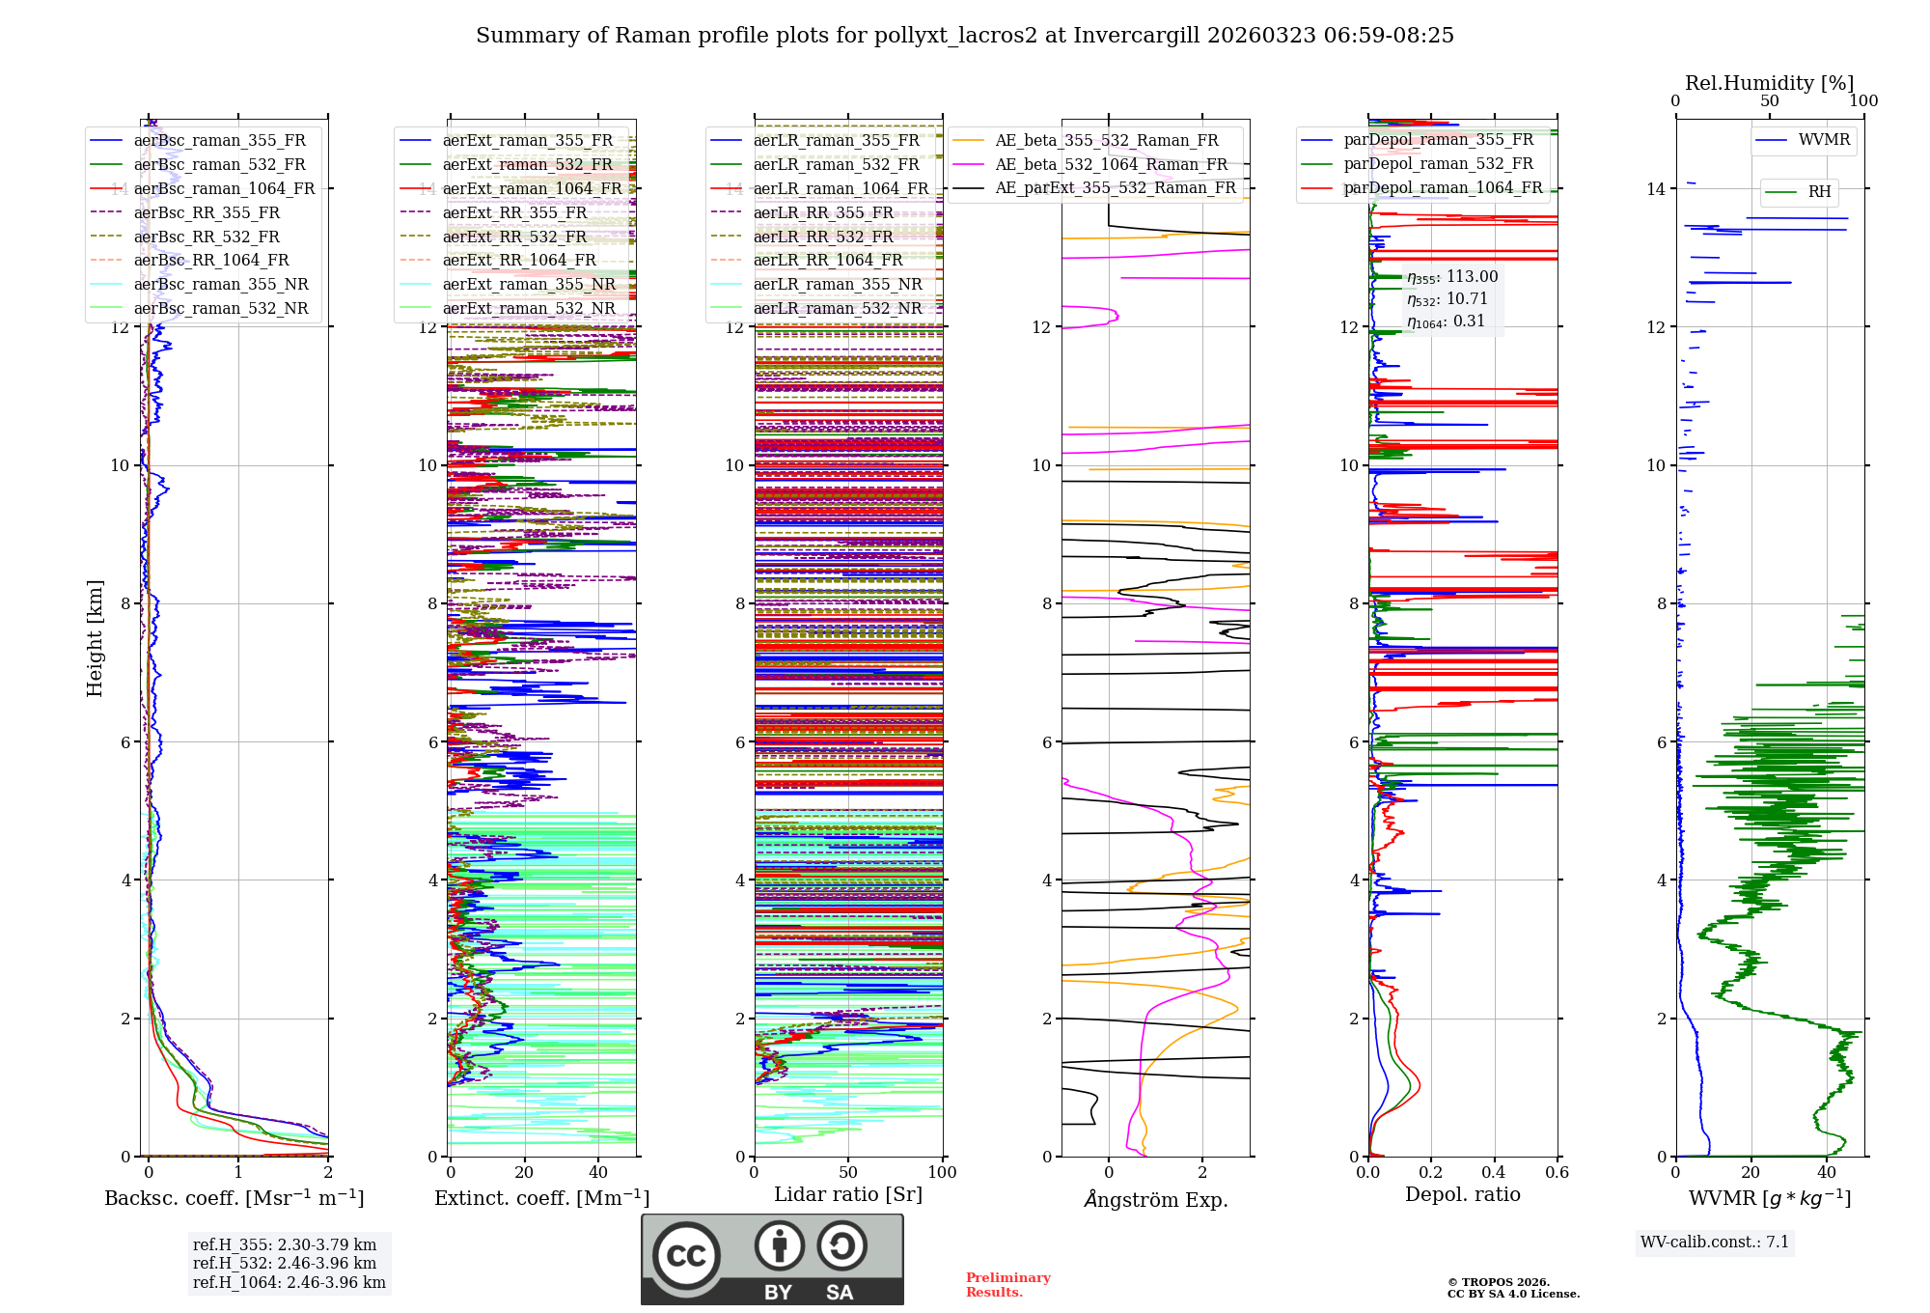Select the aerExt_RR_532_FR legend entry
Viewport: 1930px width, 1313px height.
514,237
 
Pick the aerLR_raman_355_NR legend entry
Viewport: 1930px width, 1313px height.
838,284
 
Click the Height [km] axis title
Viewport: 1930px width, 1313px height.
95,637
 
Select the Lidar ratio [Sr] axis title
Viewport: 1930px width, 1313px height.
848,1194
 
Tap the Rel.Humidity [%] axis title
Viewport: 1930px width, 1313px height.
1769,83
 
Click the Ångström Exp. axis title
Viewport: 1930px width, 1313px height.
1155,1199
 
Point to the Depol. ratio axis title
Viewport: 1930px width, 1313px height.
1462,1194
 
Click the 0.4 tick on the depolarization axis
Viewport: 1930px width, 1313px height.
1494,1172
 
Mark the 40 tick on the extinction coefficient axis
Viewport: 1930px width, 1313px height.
598,1172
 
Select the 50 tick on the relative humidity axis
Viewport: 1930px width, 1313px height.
1769,101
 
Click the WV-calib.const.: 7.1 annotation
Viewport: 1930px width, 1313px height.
1714,1242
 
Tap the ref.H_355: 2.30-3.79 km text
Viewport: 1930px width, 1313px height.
285,1244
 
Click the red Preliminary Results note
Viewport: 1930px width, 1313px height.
1007,1284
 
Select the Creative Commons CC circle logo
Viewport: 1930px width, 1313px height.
686,1255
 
